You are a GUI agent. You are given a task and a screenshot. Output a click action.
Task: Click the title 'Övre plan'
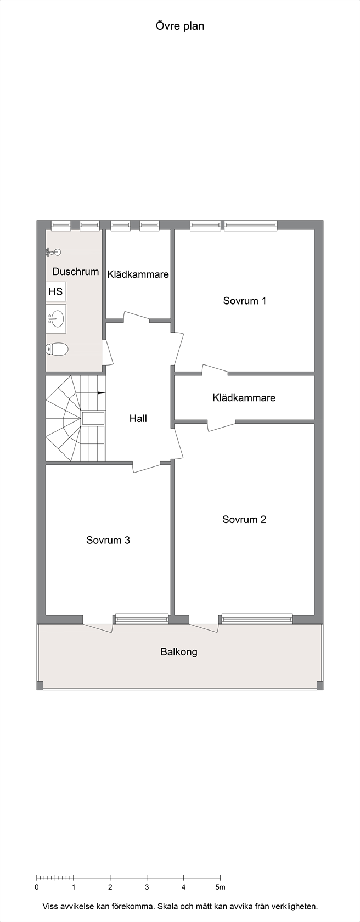[180, 26]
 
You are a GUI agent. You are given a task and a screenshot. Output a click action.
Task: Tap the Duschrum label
[76, 272]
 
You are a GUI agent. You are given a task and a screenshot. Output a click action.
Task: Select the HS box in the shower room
[55, 291]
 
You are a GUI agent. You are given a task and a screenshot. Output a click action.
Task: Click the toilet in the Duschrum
[57, 350]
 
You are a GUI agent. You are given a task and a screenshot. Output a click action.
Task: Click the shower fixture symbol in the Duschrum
[53, 251]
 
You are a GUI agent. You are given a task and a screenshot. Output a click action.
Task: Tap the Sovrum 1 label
[244, 301]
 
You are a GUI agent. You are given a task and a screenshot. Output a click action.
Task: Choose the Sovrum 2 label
[244, 519]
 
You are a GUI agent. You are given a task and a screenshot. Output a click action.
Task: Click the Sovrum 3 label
[108, 540]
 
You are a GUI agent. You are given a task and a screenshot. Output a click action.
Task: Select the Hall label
[138, 419]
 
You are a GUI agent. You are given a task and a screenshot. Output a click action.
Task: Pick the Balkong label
[179, 652]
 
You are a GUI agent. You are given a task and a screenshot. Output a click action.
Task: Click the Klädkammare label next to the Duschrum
[138, 274]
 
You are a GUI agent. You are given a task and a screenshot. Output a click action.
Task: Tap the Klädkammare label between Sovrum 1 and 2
[244, 398]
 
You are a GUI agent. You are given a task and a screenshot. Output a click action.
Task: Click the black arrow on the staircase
[101, 393]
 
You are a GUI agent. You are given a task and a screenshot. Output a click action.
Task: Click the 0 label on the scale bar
[37, 887]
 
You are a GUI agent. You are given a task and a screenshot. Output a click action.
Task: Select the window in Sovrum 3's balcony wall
[142, 619]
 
